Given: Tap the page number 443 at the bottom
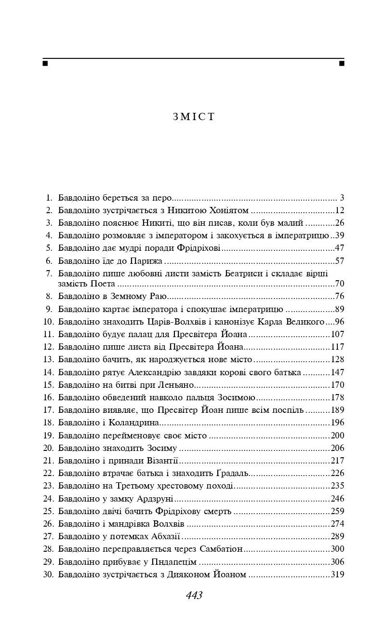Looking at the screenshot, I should [x=194, y=595].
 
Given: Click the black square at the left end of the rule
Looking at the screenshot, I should [x=45, y=63].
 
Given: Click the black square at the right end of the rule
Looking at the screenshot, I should [x=342, y=63].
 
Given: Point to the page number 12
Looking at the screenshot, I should [x=340, y=210].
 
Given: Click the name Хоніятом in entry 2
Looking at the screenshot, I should [x=229, y=210].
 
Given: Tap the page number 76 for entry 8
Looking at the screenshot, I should [x=340, y=296].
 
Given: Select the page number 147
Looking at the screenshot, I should [x=337, y=372].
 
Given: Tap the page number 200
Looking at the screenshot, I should [x=337, y=436].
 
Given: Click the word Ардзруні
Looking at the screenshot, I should [x=156, y=499].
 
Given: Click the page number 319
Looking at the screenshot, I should [x=337, y=574].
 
